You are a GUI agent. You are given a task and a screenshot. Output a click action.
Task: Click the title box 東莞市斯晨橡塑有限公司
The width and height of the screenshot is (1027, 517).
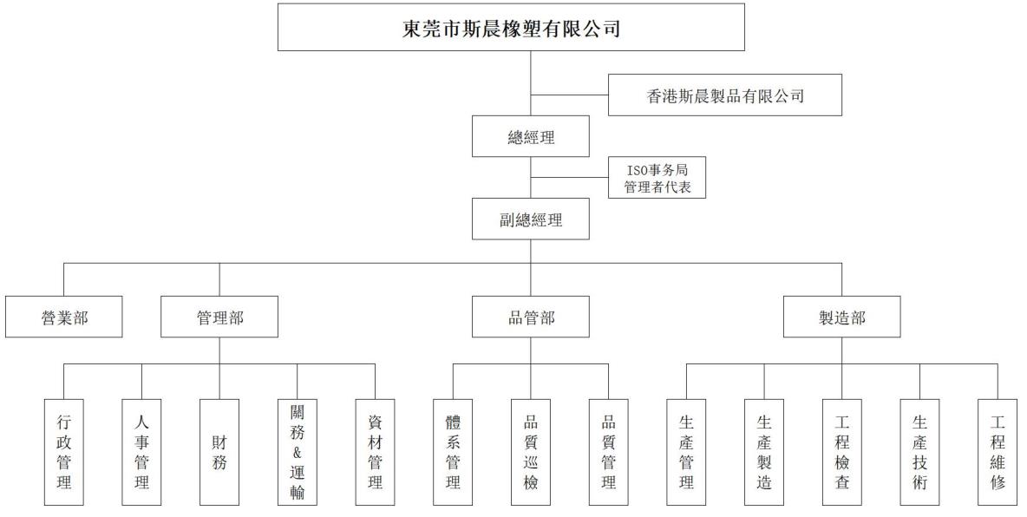511,27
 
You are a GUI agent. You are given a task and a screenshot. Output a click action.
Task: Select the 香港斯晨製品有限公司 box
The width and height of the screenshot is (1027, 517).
725,95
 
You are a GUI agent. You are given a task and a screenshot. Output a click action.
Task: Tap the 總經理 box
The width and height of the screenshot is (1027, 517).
531,136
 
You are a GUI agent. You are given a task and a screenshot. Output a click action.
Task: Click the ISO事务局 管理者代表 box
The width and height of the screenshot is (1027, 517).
657,178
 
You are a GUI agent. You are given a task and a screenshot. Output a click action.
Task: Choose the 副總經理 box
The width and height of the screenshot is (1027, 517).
531,219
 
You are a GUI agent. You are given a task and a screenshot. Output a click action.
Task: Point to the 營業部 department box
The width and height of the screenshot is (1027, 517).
63,317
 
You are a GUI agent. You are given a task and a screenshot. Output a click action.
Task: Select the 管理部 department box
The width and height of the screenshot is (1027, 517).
219,317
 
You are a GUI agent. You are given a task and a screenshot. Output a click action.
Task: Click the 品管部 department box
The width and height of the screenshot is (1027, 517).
531,317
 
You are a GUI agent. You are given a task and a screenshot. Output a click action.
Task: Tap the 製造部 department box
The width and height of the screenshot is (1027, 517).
841,317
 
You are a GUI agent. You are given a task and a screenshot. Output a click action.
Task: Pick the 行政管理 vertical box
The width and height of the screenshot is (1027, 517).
64,452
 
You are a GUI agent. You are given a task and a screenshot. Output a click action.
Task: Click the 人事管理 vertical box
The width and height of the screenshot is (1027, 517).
141,452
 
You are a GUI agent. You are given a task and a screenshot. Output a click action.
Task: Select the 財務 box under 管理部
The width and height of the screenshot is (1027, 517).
219,452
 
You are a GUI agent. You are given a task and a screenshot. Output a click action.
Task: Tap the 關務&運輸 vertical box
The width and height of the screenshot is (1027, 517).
298,452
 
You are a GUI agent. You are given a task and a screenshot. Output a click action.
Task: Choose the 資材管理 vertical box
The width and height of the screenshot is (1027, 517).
376,452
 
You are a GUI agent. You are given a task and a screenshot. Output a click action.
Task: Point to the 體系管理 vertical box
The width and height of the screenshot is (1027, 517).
453,452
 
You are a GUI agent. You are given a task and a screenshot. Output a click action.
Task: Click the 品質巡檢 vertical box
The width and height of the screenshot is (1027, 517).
531,452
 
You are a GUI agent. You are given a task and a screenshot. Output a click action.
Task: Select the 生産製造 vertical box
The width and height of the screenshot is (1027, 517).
763,452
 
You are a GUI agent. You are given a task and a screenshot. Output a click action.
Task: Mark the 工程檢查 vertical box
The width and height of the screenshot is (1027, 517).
841,452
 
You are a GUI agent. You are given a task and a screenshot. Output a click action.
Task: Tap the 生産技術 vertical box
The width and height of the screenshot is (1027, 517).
919,452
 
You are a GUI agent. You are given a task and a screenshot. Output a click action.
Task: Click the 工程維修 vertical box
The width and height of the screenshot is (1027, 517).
998,452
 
